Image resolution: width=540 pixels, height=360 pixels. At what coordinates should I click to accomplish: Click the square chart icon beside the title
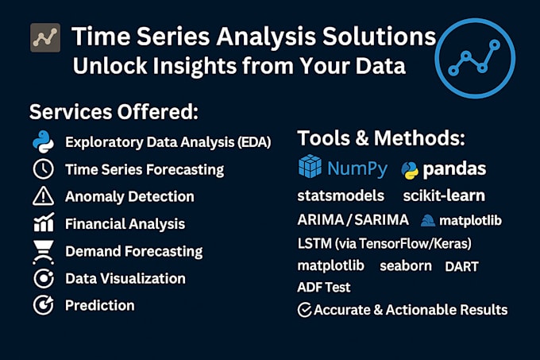tap(44, 37)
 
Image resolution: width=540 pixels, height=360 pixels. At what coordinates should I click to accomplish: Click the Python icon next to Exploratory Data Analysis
tap(42, 142)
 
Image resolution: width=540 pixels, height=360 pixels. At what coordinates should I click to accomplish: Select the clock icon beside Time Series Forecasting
tap(42, 169)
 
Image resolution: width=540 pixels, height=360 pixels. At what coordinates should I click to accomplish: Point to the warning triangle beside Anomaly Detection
tap(42, 196)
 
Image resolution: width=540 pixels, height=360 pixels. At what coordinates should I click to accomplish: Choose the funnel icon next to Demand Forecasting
tap(42, 251)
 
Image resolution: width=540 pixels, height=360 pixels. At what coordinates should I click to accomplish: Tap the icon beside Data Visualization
tap(42, 278)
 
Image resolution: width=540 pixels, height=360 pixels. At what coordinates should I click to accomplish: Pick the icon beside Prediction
tap(42, 305)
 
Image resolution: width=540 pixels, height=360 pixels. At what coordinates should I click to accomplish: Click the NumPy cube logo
tap(310, 168)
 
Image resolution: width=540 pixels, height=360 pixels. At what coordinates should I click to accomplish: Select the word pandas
tap(454, 169)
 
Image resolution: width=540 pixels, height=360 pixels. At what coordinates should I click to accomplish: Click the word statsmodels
tap(341, 195)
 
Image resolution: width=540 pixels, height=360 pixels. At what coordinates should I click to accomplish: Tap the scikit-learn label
tap(444, 195)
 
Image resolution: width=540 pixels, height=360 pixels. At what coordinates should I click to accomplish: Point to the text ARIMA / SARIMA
tap(353, 220)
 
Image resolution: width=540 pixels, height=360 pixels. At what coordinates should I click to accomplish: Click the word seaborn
tap(406, 265)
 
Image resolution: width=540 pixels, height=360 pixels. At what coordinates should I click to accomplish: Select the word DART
tap(461, 266)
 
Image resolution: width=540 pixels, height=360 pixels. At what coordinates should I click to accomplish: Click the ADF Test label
tap(323, 287)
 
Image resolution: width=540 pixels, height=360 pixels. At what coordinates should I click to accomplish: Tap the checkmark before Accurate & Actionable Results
tap(304, 310)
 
